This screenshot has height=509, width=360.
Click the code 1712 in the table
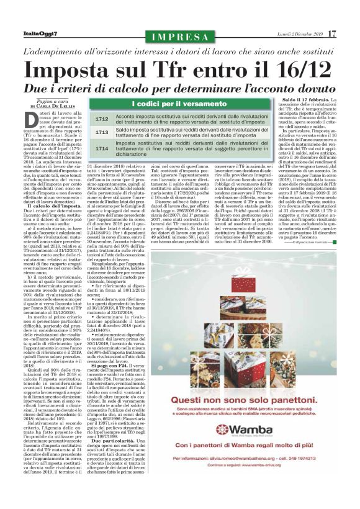pyautogui.click(x=102, y=119)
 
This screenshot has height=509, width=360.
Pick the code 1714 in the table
pyautogui.click(x=102, y=149)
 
